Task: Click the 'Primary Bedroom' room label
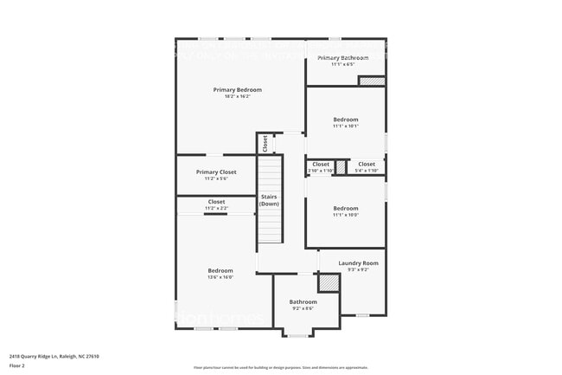tap(238, 89)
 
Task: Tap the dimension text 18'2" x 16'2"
tap(238, 96)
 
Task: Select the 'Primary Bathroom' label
tap(343, 58)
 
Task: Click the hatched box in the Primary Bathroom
tap(371, 81)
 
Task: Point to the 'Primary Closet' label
tap(215, 171)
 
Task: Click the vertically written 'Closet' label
tap(265, 143)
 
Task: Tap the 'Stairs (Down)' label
tap(270, 200)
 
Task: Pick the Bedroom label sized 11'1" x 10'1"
tap(346, 120)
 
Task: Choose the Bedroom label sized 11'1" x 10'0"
tap(346, 208)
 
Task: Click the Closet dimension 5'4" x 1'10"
tap(367, 171)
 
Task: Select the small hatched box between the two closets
tap(341, 166)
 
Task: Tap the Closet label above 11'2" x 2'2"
tap(216, 202)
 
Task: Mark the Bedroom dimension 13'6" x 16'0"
tap(220, 277)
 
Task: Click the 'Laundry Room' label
tap(358, 262)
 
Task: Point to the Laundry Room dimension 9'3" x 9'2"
tap(358, 269)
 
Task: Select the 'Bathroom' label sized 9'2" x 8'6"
tap(303, 301)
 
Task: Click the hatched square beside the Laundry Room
tap(328, 282)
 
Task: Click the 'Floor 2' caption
tap(17, 366)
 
